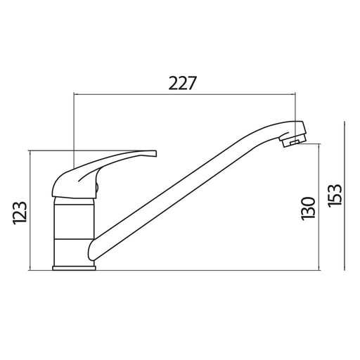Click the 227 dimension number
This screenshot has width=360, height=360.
(182, 82)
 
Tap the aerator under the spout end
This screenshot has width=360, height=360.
(291, 143)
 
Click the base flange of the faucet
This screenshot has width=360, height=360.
(74, 266)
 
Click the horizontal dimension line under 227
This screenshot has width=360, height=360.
(183, 94)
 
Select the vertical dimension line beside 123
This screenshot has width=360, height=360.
(30, 211)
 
